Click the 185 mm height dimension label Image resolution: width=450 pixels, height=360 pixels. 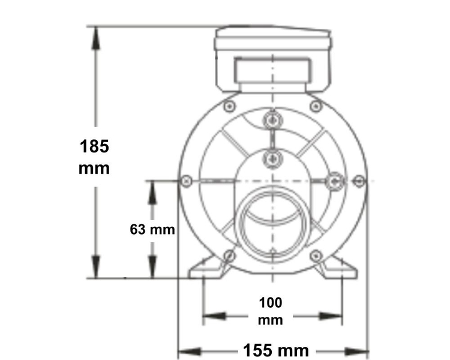[94, 155]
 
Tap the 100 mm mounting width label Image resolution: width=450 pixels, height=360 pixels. [270, 310]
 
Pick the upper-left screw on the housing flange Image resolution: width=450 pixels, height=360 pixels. [229, 106]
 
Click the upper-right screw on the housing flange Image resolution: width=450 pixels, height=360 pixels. [315, 106]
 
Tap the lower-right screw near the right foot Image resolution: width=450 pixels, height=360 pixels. [314, 257]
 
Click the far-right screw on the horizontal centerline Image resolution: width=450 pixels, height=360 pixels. [359, 180]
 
